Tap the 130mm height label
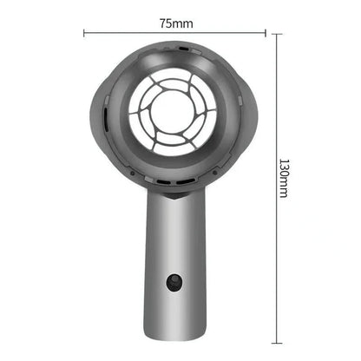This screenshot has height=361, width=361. tap(283, 178)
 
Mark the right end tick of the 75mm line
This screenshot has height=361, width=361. tap(265, 33)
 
